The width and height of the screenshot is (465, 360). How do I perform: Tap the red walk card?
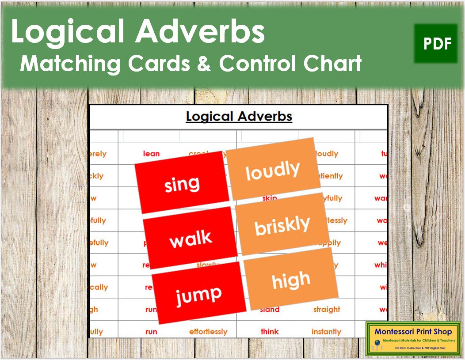[190, 239]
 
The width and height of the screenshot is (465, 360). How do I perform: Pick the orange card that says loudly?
[273, 170]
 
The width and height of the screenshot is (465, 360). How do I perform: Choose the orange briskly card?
[282, 225]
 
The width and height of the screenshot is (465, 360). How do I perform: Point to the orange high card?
[291, 280]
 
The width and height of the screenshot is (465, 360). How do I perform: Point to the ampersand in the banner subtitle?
[207, 64]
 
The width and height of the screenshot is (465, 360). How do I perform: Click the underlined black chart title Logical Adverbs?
[239, 117]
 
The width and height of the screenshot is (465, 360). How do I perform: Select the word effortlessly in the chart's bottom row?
[208, 332]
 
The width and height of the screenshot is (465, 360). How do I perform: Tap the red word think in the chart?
[270, 332]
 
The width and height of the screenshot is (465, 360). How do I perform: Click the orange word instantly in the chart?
[326, 332]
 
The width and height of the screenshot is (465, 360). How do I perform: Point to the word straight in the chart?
[327, 310]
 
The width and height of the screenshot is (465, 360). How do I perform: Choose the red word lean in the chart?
[151, 154]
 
